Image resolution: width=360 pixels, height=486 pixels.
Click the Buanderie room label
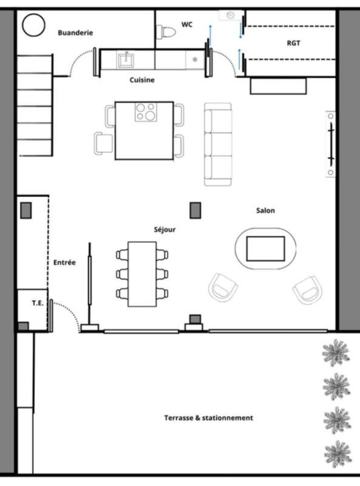pos(75,33)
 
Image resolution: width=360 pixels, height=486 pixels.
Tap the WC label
pos(187,24)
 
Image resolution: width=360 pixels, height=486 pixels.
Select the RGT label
pos(293,43)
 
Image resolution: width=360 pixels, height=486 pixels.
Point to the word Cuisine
pos(142,80)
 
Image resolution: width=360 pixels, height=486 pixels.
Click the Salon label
pos(265,211)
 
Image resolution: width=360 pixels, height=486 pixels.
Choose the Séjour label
pos(165,230)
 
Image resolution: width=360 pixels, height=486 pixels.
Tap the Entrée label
pos(64,262)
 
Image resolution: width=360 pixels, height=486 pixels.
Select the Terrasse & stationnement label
pos(208,418)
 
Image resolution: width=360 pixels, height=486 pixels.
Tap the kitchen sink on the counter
pos(127,59)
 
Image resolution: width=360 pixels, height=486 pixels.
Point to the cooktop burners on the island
pos(146,112)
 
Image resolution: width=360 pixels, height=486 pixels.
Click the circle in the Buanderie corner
pos(33,25)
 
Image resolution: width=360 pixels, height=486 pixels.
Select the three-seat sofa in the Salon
pos(218,144)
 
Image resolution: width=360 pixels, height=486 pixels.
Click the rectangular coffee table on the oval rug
pos(265,248)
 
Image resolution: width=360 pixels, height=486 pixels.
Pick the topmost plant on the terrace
pos(336,352)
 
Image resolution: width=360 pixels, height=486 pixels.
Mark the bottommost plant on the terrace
pos(336,453)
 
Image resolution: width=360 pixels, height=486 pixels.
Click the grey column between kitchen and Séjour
pos(195,210)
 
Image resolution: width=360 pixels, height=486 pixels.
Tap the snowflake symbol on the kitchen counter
pos(195,60)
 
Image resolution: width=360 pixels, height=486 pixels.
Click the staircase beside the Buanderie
pos(35,104)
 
